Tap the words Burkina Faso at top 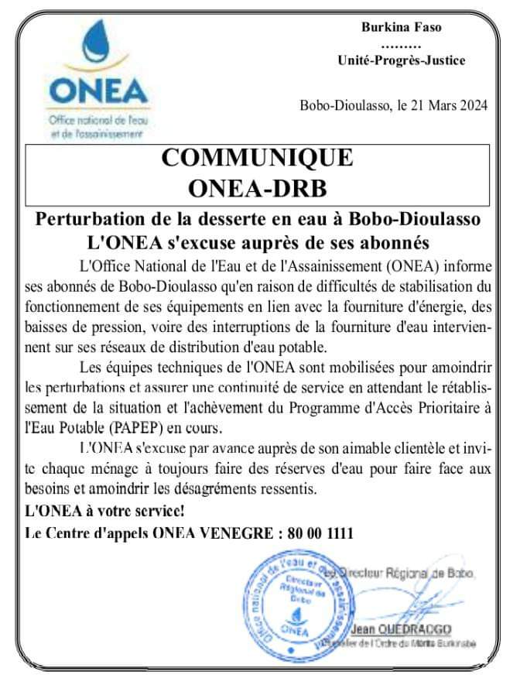tap(402, 27)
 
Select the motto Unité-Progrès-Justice tap(402, 60)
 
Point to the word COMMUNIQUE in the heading tap(257, 158)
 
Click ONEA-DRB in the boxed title tap(257, 188)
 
